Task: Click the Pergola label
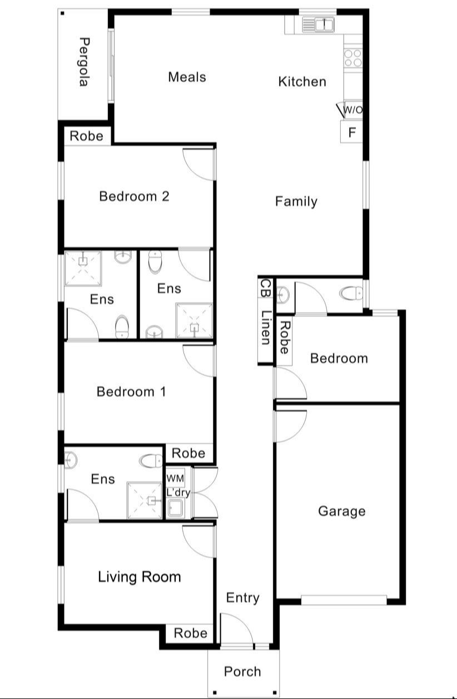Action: (83, 62)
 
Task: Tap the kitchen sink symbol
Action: (317, 24)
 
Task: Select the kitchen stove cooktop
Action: (353, 58)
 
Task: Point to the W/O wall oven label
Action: (352, 110)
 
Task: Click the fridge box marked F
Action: (351, 133)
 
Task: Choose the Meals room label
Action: (187, 77)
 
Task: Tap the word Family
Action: (296, 201)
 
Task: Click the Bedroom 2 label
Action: (134, 196)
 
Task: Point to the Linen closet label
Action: (265, 328)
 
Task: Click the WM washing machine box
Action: (175, 478)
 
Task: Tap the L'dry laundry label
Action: (178, 492)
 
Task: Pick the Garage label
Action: (341, 511)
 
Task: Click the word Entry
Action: (243, 598)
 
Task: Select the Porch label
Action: (242, 671)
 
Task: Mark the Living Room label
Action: (140, 577)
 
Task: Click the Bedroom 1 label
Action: (131, 392)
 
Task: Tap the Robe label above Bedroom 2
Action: (87, 136)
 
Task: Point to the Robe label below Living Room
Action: (190, 633)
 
